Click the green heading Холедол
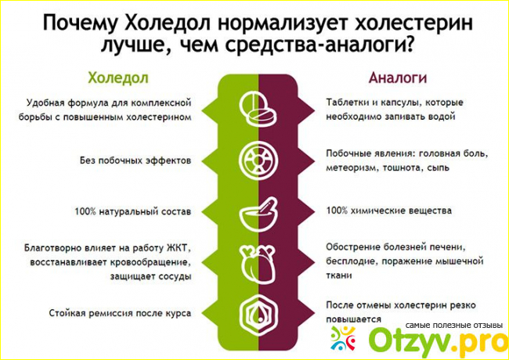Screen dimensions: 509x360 pos(118,78)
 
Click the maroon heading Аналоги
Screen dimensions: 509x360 pos(397,78)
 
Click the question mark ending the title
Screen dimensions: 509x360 pos(408,45)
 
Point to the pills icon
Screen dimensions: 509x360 pos(258,109)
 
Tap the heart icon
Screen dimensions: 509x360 pos(258,264)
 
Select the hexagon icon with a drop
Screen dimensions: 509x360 pos(258,313)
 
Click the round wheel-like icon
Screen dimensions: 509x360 pos(258,160)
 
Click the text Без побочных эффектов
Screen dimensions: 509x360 pos(135,160)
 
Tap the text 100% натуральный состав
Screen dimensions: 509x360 pos(133,212)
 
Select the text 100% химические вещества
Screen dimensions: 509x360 pos(389,211)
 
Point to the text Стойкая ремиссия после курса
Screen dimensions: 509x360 pos(120,313)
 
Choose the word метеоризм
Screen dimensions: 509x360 pos(352,168)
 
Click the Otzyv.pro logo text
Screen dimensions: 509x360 pos(437,340)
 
